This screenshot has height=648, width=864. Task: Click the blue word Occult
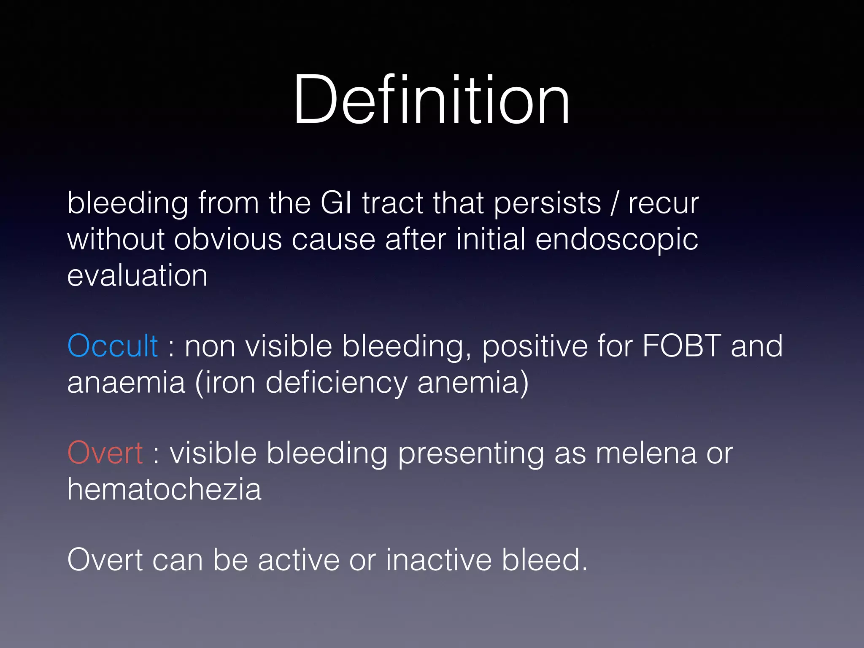(x=113, y=346)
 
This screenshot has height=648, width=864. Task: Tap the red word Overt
(x=105, y=453)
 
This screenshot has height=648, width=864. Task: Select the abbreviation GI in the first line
(x=336, y=203)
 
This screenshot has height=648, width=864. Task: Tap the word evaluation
(x=137, y=275)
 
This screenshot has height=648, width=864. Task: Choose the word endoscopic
(x=616, y=240)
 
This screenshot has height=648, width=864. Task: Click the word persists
(x=547, y=204)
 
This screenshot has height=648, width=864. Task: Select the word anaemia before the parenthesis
(x=126, y=382)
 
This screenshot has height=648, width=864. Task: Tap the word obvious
(x=228, y=239)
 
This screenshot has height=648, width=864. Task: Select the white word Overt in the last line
(x=105, y=560)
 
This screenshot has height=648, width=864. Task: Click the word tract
(x=392, y=203)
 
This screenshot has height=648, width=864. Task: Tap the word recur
(x=664, y=204)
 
